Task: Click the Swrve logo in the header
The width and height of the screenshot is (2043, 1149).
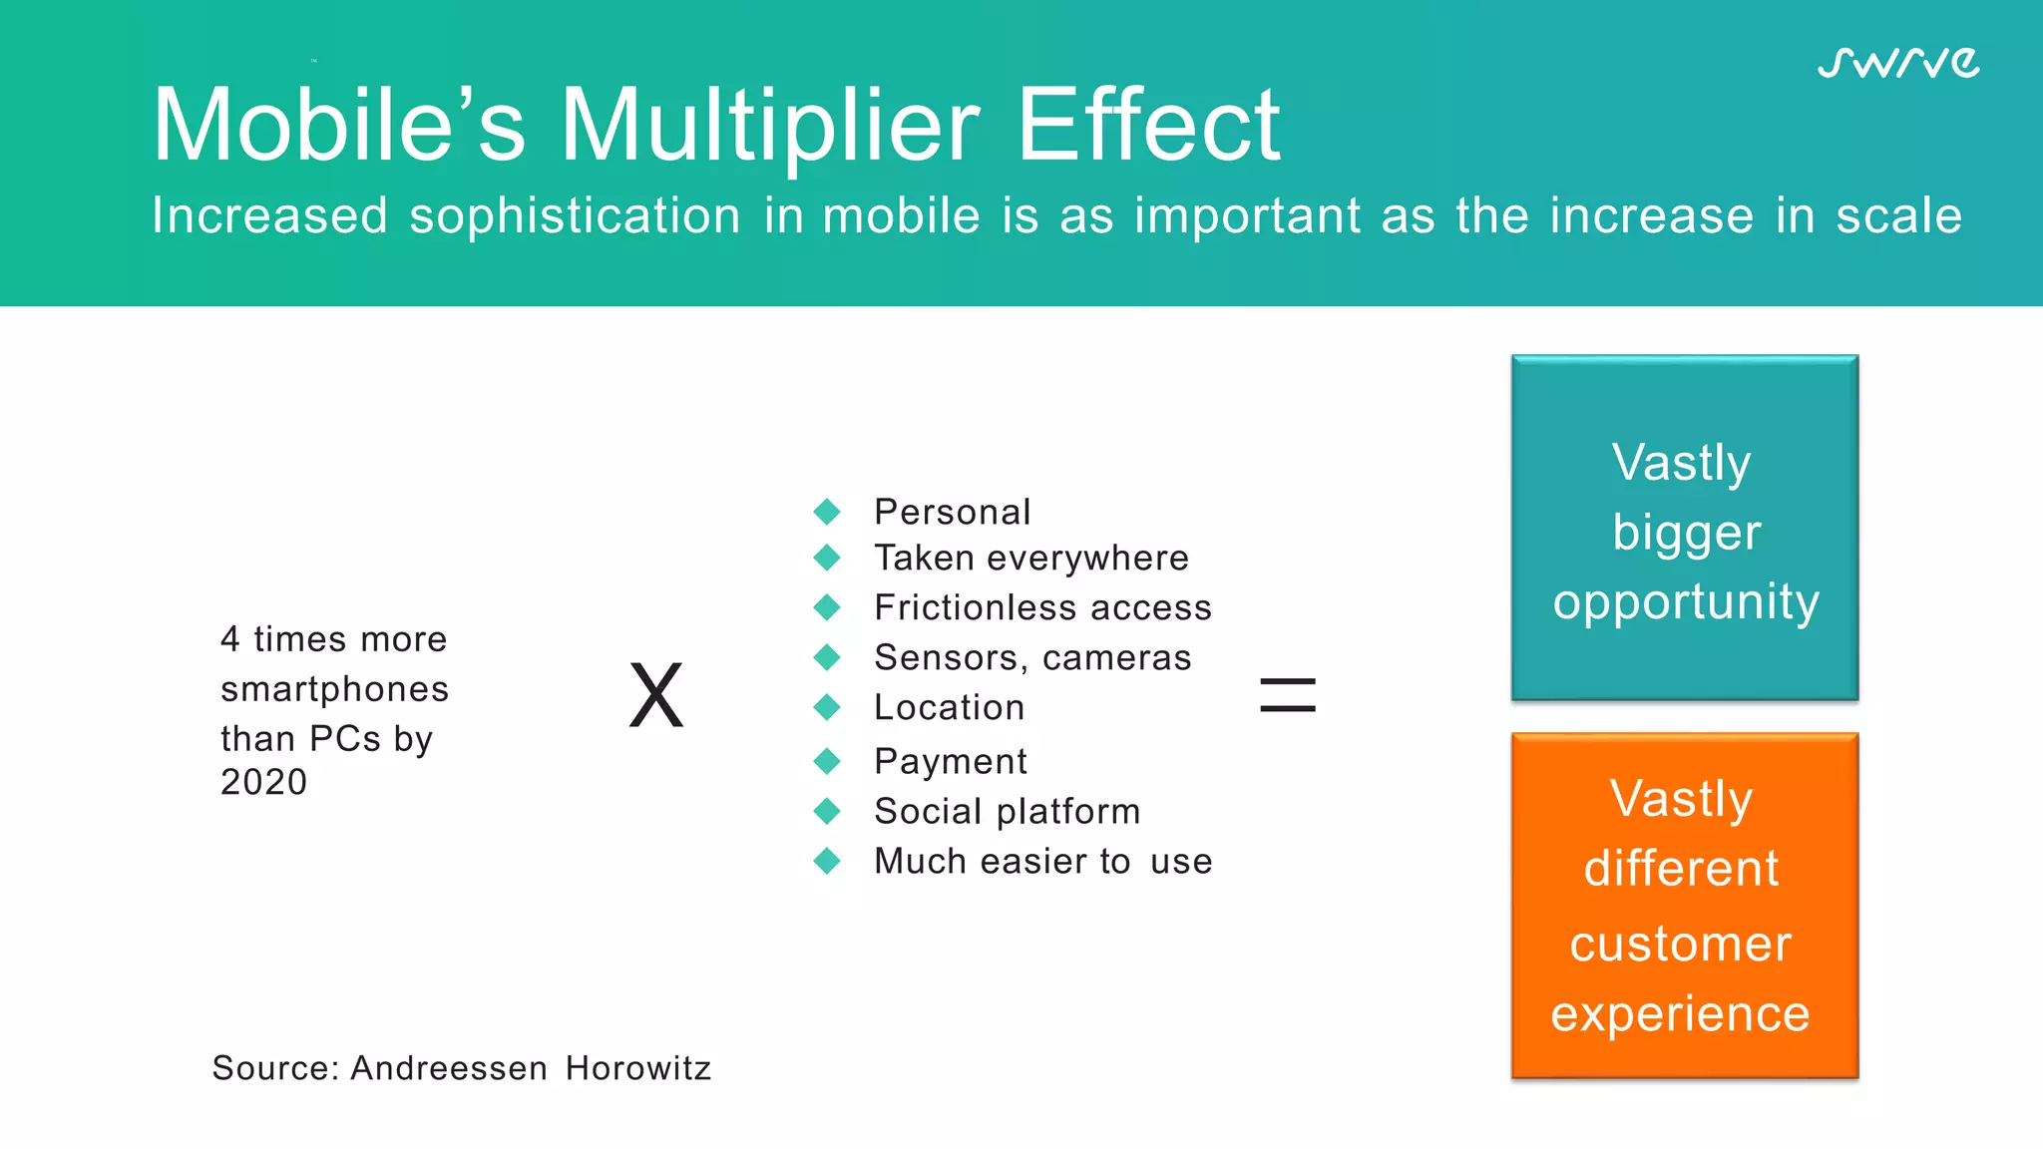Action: click(1897, 63)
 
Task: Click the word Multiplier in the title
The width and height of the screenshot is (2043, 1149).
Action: click(770, 126)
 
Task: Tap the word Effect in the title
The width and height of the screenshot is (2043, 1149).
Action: click(1147, 126)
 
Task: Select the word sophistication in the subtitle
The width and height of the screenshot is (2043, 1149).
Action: click(575, 216)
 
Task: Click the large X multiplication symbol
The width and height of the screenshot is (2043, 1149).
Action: click(656, 696)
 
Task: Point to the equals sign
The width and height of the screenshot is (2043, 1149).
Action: click(1288, 695)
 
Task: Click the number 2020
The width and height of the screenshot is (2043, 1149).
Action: click(263, 782)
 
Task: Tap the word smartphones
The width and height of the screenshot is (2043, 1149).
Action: click(334, 689)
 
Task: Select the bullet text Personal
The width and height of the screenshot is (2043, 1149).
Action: click(952, 512)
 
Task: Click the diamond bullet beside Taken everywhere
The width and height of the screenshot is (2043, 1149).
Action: click(827, 558)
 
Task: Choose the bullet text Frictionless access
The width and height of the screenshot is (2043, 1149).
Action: click(1042, 607)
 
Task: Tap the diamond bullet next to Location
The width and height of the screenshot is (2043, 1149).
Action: click(827, 707)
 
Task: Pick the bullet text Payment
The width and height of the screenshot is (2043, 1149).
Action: click(950, 761)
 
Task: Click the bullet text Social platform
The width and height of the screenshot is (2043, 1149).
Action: click(1007, 811)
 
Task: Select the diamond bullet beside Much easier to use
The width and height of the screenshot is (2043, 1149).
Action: click(827, 861)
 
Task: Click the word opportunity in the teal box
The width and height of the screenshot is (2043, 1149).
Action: click(1685, 602)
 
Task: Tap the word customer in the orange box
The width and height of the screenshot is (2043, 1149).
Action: click(1680, 944)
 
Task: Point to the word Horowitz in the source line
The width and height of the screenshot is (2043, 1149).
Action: click(637, 1068)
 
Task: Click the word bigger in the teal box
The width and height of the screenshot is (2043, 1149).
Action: click(1686, 533)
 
